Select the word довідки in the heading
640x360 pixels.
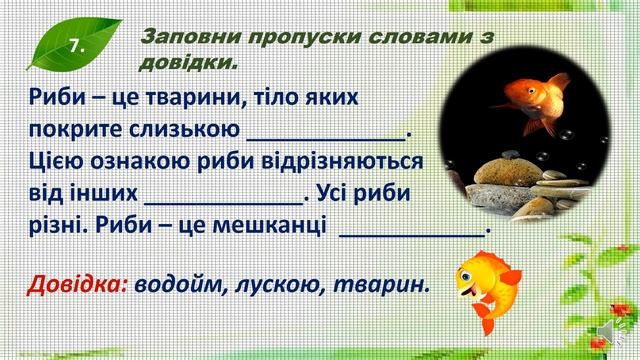186,65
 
